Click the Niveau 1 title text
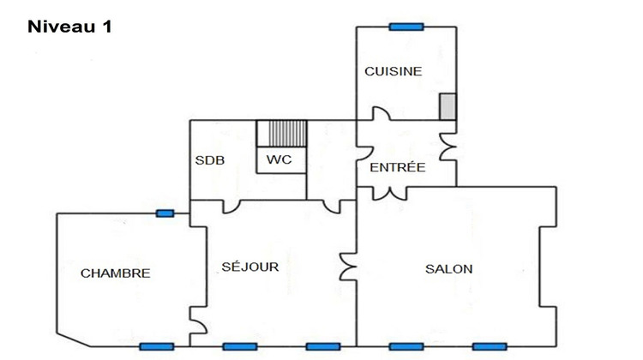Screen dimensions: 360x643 (70, 27)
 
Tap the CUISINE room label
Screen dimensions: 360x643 (393, 72)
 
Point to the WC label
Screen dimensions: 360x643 (279, 160)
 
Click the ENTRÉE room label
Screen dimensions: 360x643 (397, 168)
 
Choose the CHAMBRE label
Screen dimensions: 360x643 (116, 273)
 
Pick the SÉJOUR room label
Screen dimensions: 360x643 (249, 267)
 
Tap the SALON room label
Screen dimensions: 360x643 (448, 269)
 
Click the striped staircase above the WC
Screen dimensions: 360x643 (281, 134)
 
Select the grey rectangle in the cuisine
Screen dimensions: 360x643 (448, 107)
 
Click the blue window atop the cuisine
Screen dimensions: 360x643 (407, 27)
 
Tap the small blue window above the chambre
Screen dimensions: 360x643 (165, 213)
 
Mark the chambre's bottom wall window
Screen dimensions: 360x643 (156, 346)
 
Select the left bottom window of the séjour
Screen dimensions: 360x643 (240, 346)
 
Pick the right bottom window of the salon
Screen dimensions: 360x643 (489, 346)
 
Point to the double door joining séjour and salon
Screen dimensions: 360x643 (348, 267)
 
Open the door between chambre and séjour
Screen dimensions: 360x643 (199, 325)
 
